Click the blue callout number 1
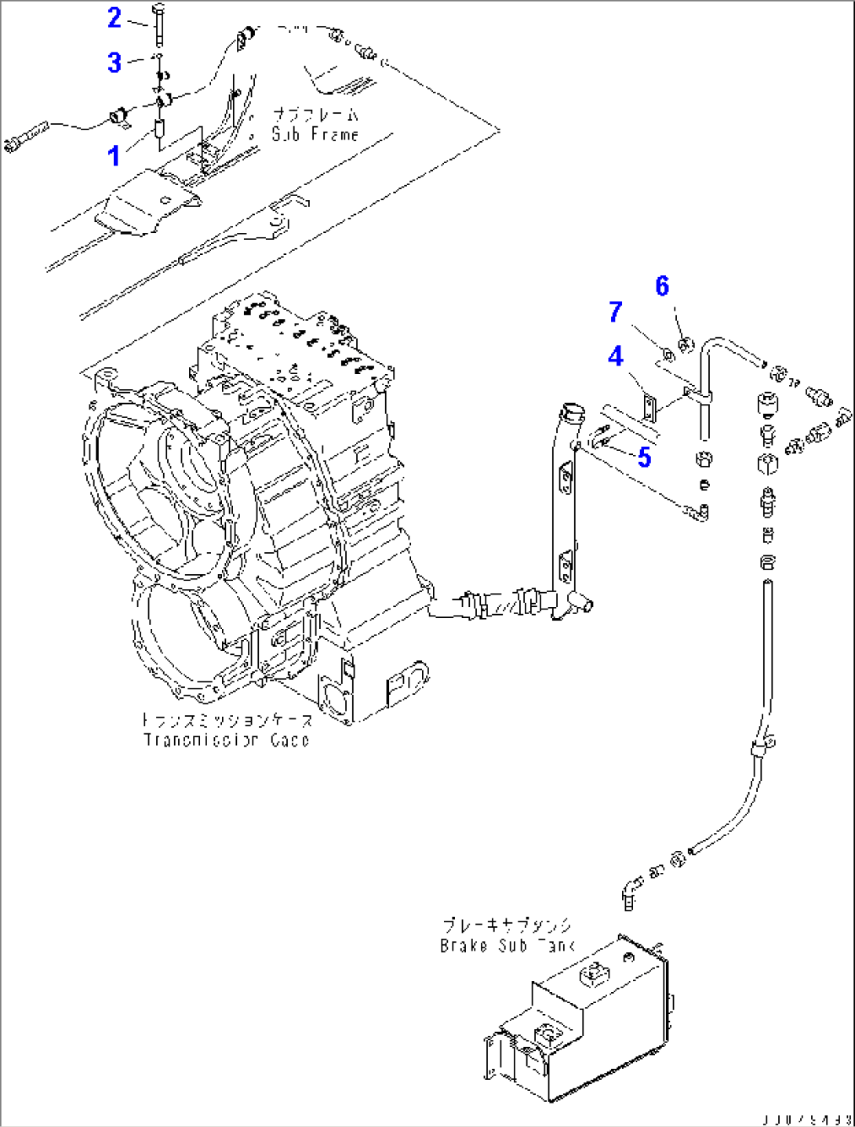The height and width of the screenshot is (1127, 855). pyautogui.click(x=115, y=155)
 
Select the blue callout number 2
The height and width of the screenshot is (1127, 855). pyautogui.click(x=115, y=17)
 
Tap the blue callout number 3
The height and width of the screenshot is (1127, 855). pyautogui.click(x=115, y=62)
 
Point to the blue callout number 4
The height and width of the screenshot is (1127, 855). pyautogui.click(x=616, y=357)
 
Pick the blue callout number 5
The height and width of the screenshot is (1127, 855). pyautogui.click(x=644, y=456)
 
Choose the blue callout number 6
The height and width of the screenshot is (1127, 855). pyautogui.click(x=662, y=286)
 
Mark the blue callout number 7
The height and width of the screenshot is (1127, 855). pyautogui.click(x=616, y=312)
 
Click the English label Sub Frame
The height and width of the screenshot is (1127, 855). pyautogui.click(x=315, y=134)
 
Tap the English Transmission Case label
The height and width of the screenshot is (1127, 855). pyautogui.click(x=227, y=740)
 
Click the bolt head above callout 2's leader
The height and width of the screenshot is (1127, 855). pyautogui.click(x=157, y=9)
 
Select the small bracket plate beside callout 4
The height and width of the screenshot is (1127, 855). pyautogui.click(x=649, y=409)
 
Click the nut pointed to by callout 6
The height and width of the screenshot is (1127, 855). pyautogui.click(x=684, y=343)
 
